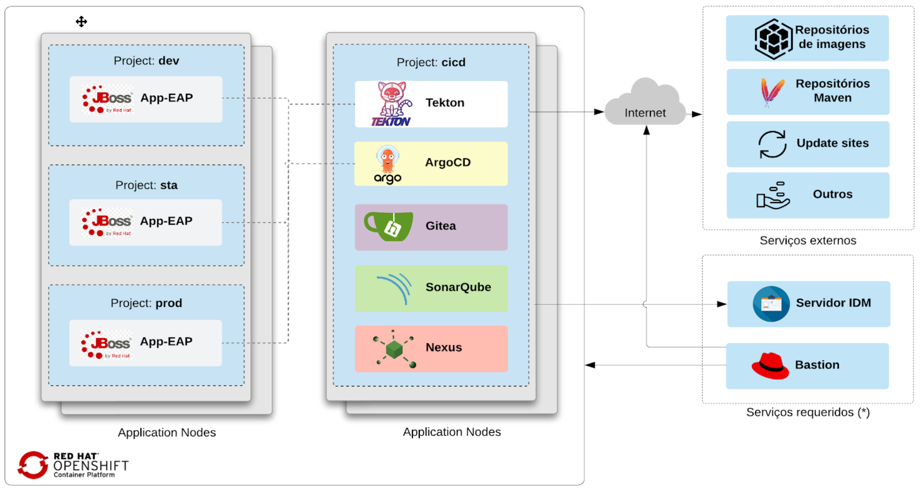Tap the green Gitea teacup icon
click(x=388, y=226)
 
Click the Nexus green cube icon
click(x=394, y=349)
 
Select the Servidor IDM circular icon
click(x=771, y=304)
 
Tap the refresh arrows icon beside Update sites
click(x=772, y=144)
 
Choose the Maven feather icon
click(x=771, y=92)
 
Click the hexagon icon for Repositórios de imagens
click(x=773, y=39)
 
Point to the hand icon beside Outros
click(x=773, y=195)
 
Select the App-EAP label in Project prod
click(x=166, y=342)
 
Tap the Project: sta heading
click(x=146, y=185)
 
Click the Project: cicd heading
click(x=431, y=62)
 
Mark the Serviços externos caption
click(x=808, y=241)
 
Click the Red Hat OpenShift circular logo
click(x=33, y=465)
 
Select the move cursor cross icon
click(x=81, y=22)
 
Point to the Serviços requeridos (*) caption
click(x=808, y=412)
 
